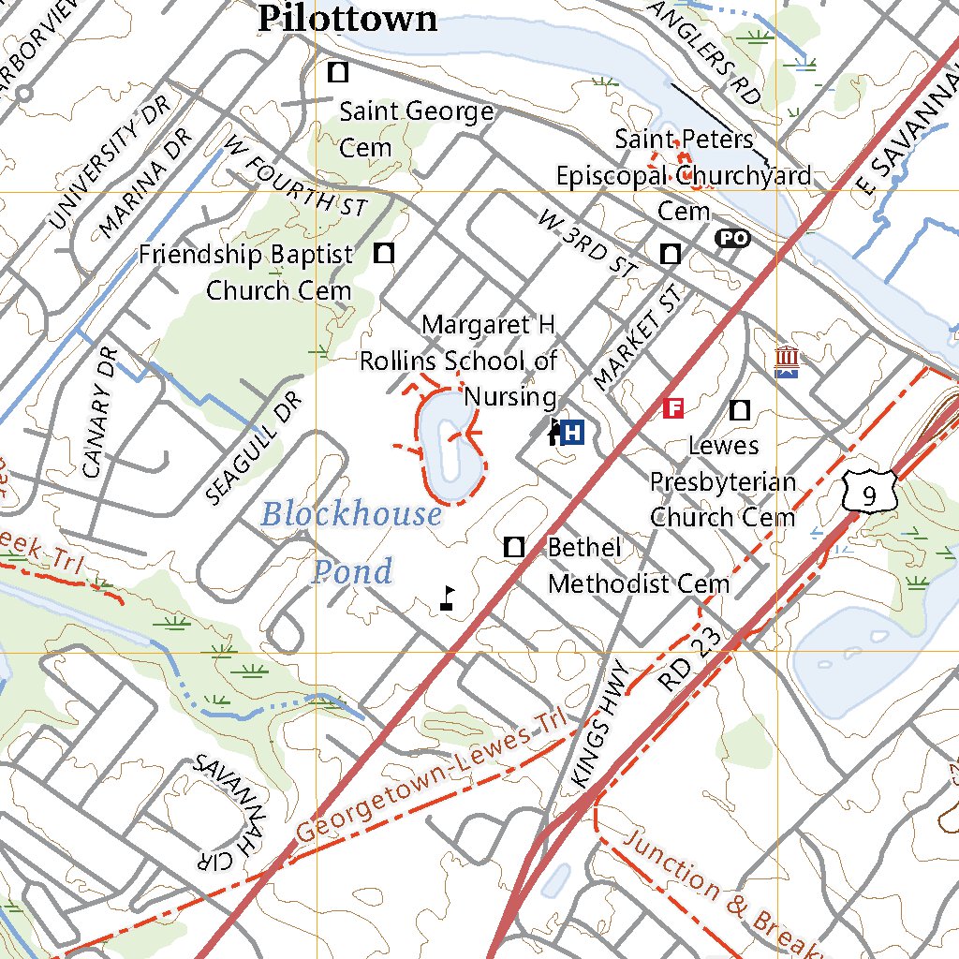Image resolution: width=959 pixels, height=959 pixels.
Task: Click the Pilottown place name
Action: point(347,19)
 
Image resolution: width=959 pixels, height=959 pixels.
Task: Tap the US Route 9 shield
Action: point(869,493)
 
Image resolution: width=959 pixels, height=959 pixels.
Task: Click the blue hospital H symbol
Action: point(573,433)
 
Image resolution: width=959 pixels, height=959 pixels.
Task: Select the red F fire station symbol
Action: point(672,408)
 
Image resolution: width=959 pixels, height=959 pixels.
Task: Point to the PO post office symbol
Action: point(732,239)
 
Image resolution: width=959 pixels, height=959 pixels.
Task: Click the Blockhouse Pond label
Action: point(351,541)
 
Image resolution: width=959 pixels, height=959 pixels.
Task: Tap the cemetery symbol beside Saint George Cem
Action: point(338,71)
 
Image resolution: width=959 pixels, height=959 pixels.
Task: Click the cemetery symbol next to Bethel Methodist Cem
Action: point(513,548)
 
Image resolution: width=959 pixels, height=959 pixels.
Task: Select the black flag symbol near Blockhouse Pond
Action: point(449,599)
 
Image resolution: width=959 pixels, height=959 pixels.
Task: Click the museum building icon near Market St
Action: point(787,362)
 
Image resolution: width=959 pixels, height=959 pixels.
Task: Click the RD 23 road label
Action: point(691,660)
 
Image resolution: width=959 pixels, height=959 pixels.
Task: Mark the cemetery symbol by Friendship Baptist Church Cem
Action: point(384,253)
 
